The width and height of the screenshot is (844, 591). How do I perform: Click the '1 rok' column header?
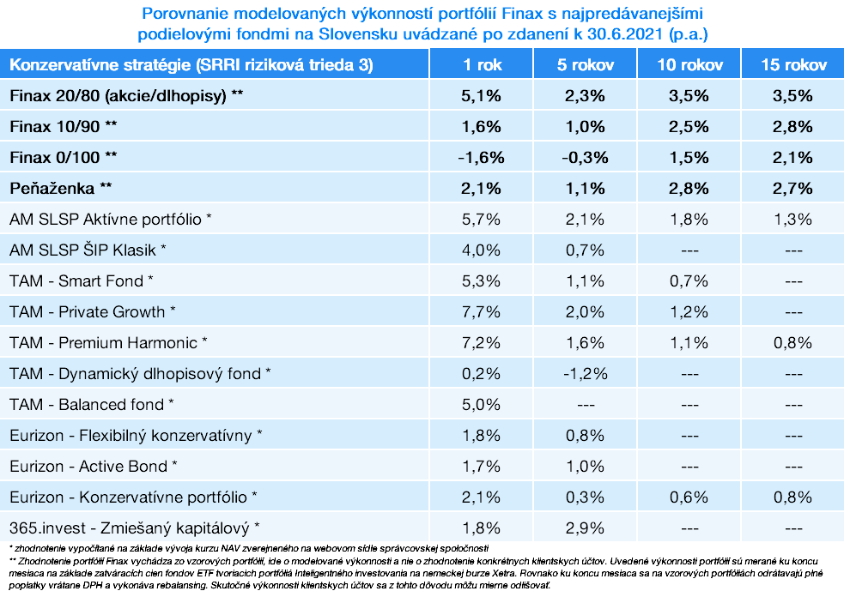tap(481, 65)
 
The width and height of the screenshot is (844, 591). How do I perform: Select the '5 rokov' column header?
tap(586, 65)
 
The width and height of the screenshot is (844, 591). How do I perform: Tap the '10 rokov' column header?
tap(690, 65)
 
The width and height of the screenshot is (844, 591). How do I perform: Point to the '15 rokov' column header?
tap(793, 65)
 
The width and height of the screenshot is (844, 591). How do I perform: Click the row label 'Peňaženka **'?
tap(60, 188)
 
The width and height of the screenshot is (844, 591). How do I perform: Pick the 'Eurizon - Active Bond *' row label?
tap(94, 466)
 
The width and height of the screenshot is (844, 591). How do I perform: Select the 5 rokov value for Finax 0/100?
tap(586, 157)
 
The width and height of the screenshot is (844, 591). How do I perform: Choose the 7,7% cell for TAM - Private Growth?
tap(481, 311)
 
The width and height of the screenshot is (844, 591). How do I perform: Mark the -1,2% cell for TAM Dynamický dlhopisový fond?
tap(586, 373)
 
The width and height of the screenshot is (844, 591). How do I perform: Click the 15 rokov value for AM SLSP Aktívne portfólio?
tap(793, 219)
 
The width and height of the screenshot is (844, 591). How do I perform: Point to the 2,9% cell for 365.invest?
tap(586, 528)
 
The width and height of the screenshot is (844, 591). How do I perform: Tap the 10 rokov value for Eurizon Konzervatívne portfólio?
tap(690, 497)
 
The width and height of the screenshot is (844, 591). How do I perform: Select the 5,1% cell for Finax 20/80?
tap(481, 96)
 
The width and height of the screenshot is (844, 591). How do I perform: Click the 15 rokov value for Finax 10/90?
tap(793, 127)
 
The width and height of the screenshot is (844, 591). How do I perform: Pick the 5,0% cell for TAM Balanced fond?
tap(481, 404)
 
